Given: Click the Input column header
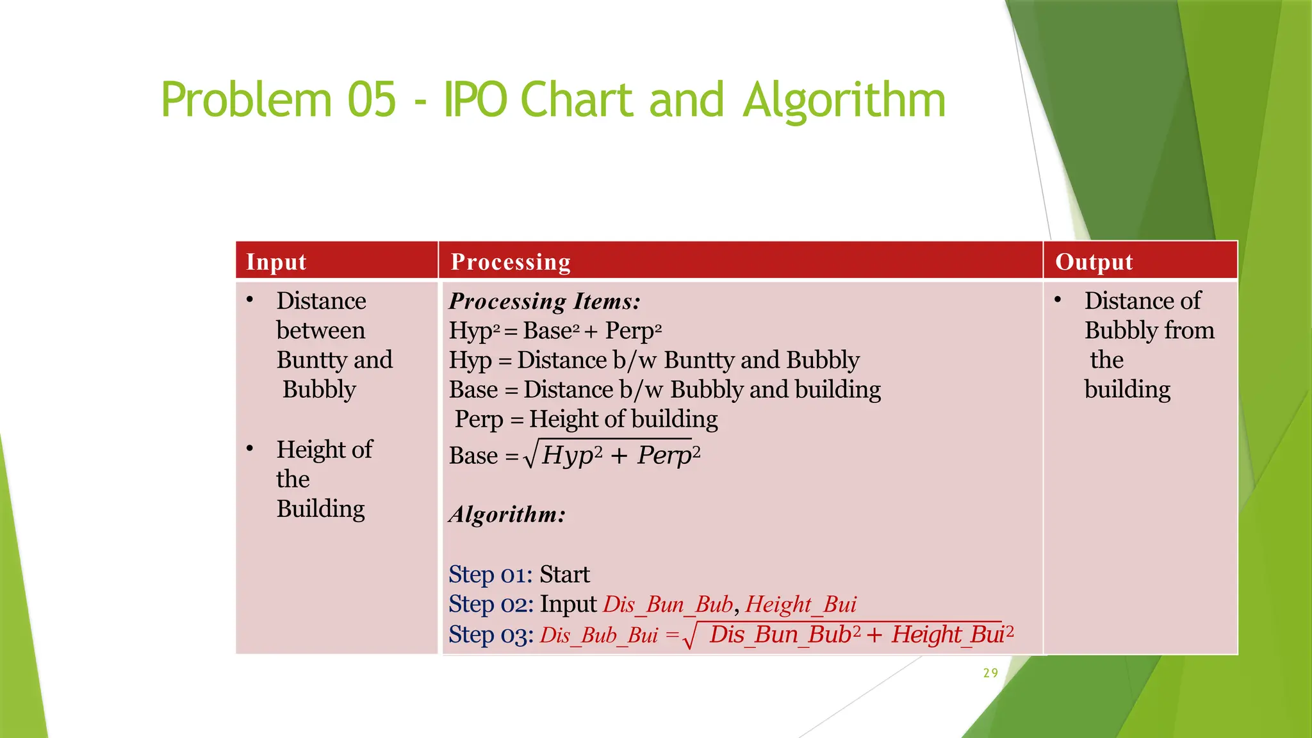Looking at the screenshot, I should coord(276,262).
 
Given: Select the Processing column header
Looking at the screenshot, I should coord(511,262).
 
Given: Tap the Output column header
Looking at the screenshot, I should coord(1094,262).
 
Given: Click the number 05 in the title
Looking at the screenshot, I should coord(372,101).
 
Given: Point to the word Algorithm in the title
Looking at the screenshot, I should coord(844,101).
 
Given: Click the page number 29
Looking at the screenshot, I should coord(990,673).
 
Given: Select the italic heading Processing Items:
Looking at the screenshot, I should coord(545,301).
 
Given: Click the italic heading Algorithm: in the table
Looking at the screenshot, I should coord(507,514).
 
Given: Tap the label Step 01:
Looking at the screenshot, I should coord(491,575).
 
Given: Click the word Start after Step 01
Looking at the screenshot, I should coord(564,575).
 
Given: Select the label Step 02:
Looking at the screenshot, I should coord(491,604).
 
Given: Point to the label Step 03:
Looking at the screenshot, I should coord(491,635).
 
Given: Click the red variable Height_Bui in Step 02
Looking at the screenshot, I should coord(801,604).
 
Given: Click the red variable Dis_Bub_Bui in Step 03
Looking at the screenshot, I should coord(599,635).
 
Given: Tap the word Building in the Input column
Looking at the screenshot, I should coord(320,509).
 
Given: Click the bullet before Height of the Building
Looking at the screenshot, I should coord(250,448).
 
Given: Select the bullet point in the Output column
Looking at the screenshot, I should coord(1058,300).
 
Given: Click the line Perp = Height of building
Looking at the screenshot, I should coord(586,420).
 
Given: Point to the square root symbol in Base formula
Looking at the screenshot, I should coord(530,456).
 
